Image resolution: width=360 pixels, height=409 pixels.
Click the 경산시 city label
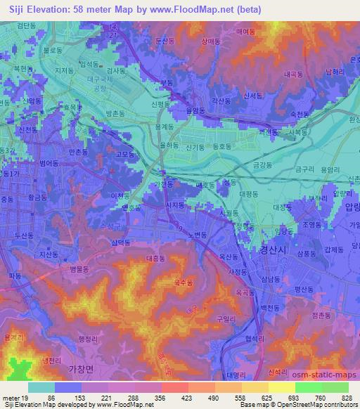pos(261,249)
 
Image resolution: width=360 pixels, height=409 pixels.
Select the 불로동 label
pos(53,51)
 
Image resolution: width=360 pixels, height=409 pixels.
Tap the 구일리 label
pos(226,318)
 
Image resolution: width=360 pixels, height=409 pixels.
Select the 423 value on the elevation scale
pos(167,397)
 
